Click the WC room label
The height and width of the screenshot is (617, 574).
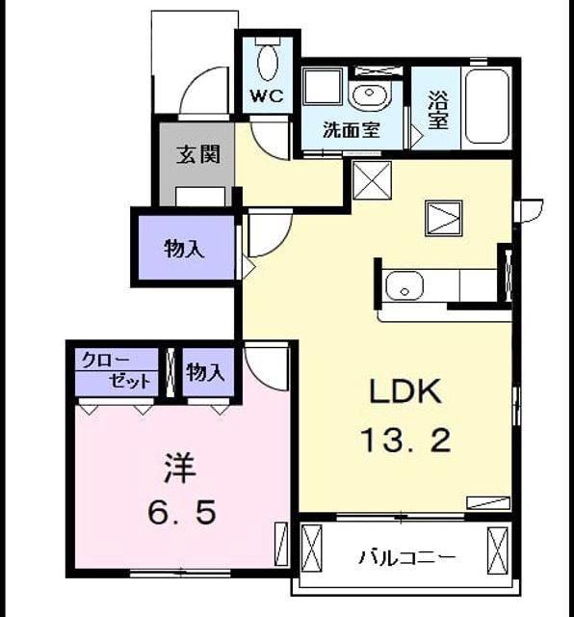point(267,95)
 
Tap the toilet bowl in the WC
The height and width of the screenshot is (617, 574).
point(268,63)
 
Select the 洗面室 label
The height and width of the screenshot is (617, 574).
point(352,130)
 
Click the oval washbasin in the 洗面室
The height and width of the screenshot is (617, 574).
point(369,94)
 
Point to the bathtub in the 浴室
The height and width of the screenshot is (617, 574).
point(486,106)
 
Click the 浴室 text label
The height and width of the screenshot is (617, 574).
point(438,110)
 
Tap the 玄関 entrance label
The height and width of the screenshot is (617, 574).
point(197,154)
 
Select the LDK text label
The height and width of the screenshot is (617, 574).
point(405,391)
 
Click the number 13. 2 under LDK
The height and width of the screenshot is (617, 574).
point(405,441)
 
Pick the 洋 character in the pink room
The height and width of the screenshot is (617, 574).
point(180,469)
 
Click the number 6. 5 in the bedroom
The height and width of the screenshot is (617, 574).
point(182,512)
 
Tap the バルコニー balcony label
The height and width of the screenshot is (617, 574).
point(407,557)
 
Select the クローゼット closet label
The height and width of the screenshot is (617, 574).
point(117,370)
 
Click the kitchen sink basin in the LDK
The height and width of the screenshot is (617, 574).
point(404,285)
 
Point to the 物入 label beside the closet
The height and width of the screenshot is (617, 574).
point(205,372)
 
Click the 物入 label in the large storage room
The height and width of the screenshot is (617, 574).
point(184,249)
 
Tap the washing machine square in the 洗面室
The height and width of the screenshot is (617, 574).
point(323,87)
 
